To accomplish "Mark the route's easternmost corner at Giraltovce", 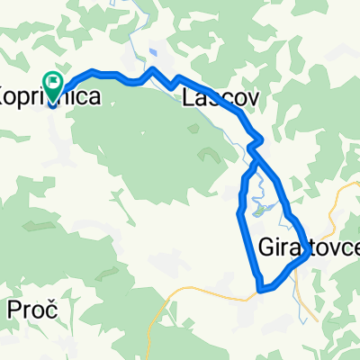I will (x=309, y=253).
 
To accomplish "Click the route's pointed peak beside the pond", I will (x=154, y=69).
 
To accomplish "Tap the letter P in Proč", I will (x=14, y=311).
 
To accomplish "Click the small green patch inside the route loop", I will (x=262, y=211).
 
